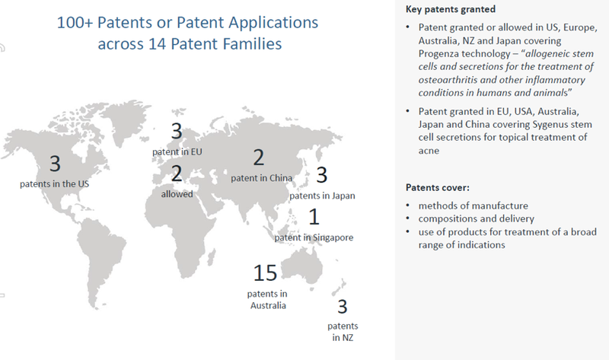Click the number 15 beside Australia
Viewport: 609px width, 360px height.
click(265, 272)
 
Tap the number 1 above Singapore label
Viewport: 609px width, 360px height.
click(314, 217)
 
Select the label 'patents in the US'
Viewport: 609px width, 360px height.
click(54, 184)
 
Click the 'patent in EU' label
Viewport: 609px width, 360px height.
click(177, 152)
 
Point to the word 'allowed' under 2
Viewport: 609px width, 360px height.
click(177, 194)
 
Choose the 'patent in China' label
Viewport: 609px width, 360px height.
click(261, 178)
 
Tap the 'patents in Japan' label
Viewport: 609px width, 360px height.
click(322, 196)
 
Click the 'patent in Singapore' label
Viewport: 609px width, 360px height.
click(314, 237)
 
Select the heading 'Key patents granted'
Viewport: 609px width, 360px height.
click(451, 9)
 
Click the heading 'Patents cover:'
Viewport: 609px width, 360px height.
click(438, 187)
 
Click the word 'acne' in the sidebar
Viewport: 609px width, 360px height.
click(429, 151)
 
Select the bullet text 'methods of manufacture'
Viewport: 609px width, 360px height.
click(473, 205)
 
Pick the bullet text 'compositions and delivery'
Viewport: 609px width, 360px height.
click(477, 218)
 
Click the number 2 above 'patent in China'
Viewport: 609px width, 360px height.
click(259, 158)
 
